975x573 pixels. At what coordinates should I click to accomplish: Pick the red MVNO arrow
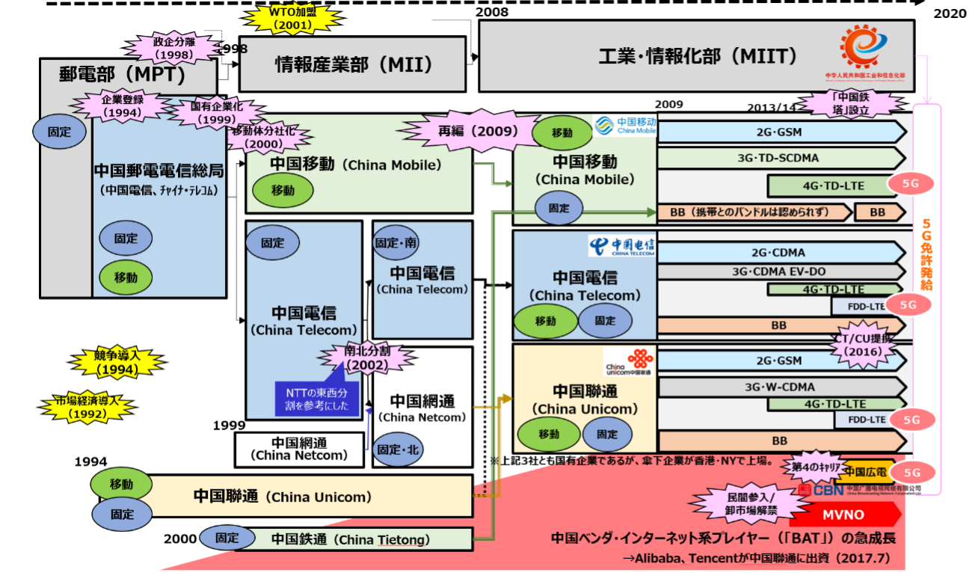coord(845,515)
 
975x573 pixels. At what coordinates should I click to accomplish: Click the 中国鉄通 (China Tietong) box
coord(350,539)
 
